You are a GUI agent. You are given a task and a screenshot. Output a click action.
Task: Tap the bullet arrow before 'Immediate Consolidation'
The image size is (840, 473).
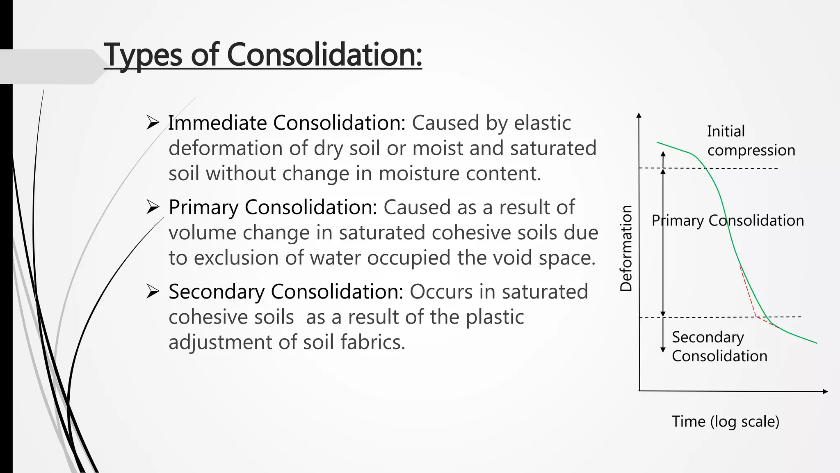(153, 123)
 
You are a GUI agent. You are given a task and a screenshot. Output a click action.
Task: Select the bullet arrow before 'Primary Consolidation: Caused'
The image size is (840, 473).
(153, 207)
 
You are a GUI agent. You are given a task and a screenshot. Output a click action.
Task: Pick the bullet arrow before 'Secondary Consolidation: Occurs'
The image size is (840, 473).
(153, 292)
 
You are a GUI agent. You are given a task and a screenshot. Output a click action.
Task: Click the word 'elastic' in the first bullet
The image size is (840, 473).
(542, 123)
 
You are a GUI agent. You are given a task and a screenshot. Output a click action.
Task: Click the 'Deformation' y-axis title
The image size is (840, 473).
(626, 248)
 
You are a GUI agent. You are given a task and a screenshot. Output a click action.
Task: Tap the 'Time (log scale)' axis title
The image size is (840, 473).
(725, 422)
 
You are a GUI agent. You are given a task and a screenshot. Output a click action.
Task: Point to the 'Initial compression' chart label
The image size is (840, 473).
(751, 141)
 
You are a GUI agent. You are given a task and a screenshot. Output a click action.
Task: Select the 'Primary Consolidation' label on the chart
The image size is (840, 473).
(728, 220)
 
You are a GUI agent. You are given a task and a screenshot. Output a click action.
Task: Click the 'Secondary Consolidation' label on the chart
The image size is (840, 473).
(719, 347)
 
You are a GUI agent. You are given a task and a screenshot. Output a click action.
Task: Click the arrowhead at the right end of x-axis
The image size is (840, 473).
(825, 391)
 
